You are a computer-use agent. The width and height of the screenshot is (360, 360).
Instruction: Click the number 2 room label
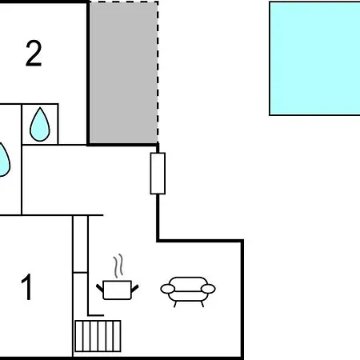(x=34, y=54)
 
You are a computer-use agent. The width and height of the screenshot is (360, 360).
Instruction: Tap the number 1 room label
(x=27, y=287)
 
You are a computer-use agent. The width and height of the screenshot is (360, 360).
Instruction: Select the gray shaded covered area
(x=123, y=72)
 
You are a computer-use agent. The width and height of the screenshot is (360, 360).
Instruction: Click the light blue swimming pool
(x=315, y=58)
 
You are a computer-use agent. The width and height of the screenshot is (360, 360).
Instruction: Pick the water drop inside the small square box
(x=40, y=125)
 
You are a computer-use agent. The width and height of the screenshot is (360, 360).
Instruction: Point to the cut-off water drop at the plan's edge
(x=4, y=160)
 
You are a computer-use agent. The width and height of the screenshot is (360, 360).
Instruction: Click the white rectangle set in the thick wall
(x=158, y=174)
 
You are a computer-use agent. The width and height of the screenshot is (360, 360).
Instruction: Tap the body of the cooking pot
(x=117, y=290)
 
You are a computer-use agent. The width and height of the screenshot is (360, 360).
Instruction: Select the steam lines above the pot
(x=118, y=266)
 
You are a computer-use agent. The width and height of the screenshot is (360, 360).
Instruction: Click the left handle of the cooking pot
(x=100, y=288)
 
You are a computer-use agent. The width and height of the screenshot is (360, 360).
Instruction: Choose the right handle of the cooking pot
(x=135, y=288)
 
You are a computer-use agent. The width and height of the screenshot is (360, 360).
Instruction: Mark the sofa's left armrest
(x=168, y=289)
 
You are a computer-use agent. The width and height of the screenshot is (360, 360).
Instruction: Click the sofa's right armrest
(x=208, y=289)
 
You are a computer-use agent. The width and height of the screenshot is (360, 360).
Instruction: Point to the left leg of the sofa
(x=175, y=304)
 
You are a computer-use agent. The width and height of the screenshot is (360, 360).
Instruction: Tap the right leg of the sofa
(x=202, y=304)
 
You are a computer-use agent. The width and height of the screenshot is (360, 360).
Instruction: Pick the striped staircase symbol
(x=98, y=336)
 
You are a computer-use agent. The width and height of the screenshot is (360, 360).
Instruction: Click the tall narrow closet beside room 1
(x=80, y=244)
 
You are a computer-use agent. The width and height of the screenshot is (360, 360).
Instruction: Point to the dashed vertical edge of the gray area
(x=158, y=72)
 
